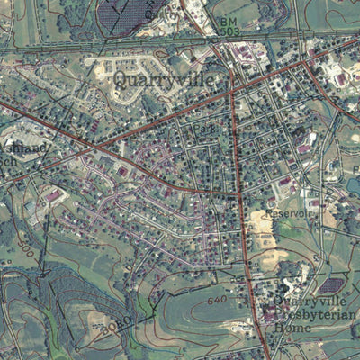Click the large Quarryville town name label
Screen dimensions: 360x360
pos(165,80)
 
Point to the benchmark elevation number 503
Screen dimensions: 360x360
pos(229,32)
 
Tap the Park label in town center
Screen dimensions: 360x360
pos(206,132)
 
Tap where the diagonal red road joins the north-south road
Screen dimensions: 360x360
pos(238,193)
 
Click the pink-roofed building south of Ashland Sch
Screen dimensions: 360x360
pos(54,195)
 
